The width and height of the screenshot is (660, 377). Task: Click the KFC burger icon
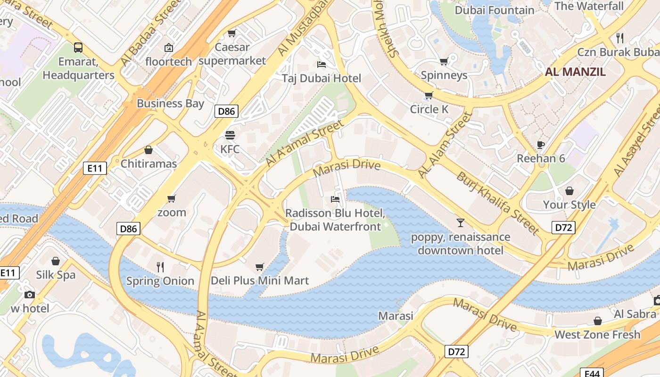click(x=230, y=136)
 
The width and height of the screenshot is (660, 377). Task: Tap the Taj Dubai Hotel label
click(x=322, y=78)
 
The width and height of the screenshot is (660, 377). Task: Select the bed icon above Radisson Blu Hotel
click(x=335, y=199)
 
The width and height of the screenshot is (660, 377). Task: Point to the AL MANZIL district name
click(x=575, y=72)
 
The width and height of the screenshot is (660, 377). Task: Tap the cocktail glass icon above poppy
click(x=460, y=222)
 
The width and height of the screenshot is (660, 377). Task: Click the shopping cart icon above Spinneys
click(x=444, y=61)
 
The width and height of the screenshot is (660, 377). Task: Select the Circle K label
click(x=429, y=109)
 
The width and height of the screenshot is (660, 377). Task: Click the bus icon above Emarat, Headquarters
click(x=78, y=48)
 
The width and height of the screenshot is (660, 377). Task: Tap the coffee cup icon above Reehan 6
click(x=541, y=145)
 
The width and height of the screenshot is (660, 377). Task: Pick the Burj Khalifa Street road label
click(x=497, y=203)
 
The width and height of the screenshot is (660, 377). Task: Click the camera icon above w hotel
click(x=30, y=295)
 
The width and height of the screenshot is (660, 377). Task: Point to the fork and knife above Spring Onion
click(x=160, y=267)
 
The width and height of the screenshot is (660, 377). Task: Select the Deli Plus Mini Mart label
click(x=260, y=281)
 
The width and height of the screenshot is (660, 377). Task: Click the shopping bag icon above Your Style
click(x=569, y=191)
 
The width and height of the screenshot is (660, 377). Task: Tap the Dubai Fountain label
click(x=495, y=10)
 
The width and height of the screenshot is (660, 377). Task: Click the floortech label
click(x=169, y=62)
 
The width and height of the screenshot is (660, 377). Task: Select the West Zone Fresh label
click(x=597, y=335)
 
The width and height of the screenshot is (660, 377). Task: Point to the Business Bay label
click(x=170, y=103)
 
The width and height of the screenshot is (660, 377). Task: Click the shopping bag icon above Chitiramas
click(x=148, y=150)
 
